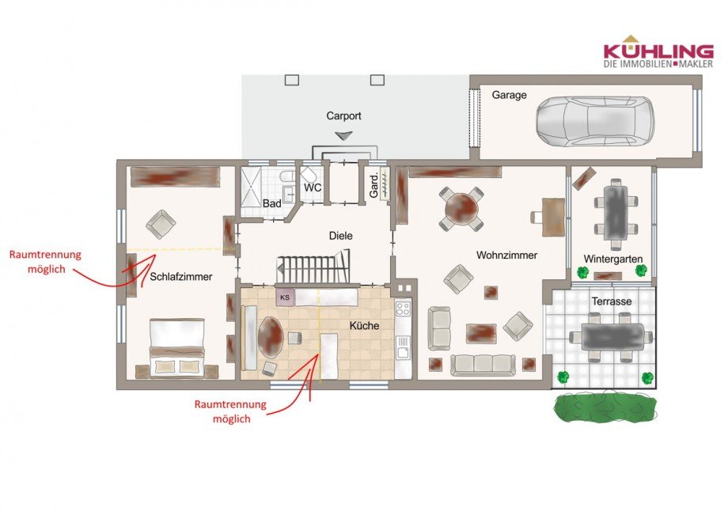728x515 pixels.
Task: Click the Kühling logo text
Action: click(658, 51)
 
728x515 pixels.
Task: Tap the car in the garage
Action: click(595, 121)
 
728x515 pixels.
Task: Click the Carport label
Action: click(343, 115)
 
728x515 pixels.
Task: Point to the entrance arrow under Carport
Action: click(343, 135)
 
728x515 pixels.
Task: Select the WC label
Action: click(313, 188)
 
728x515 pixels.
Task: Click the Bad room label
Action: click(271, 203)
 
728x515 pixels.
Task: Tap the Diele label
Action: click(341, 236)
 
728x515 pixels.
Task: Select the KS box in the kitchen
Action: click(285, 297)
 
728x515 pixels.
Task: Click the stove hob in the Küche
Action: click(403, 309)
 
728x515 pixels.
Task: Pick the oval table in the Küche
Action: click(271, 337)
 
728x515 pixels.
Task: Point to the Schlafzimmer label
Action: click(181, 277)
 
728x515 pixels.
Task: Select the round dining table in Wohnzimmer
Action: click(462, 209)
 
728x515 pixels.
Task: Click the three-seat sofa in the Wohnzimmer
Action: click(483, 365)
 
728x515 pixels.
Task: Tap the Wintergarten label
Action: click(612, 259)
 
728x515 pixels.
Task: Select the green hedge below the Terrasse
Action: click(605, 408)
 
